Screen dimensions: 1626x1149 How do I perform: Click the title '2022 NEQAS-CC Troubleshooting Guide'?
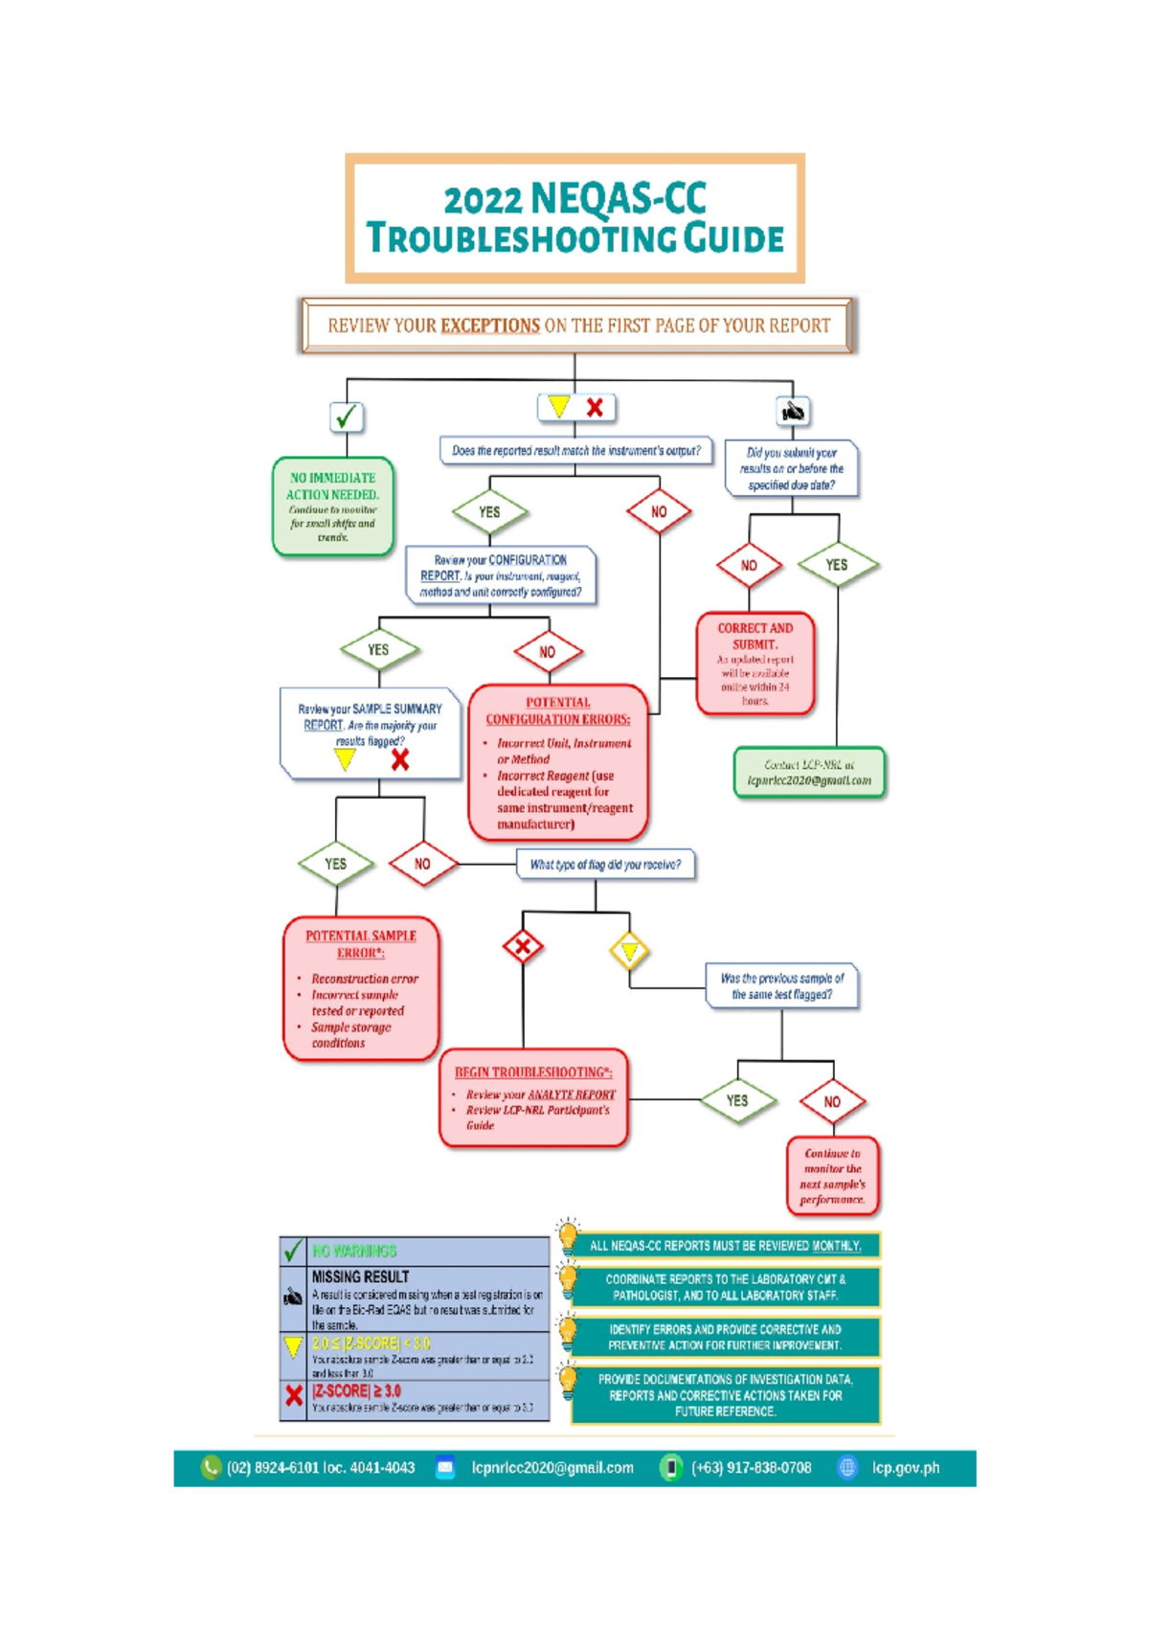pos(574,218)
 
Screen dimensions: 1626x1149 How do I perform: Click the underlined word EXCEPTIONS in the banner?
pos(489,326)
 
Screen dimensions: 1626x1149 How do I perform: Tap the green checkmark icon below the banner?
pos(346,417)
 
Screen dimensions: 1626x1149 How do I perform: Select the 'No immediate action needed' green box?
pos(332,507)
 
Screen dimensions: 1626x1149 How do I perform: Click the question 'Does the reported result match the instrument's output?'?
pos(575,451)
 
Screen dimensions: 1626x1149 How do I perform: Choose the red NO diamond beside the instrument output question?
pos(659,512)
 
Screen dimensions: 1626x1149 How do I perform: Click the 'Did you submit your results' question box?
pos(791,468)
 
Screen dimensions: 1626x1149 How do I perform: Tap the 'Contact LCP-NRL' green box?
pos(809,772)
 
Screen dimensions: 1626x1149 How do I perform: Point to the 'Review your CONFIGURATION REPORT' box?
pos(501,576)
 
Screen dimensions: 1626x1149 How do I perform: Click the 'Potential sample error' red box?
pos(361,988)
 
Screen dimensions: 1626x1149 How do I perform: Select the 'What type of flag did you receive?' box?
pos(605,865)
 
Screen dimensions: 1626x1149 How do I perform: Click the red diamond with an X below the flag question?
pos(523,948)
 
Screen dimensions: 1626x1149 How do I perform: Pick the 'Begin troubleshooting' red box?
pos(533,1098)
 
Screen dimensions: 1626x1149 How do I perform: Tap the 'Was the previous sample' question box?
pos(781,986)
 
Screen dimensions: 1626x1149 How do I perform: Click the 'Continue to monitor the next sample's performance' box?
pos(832,1176)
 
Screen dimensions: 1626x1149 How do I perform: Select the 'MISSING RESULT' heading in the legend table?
pos(360,1276)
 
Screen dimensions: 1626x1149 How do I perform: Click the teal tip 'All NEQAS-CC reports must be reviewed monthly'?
pos(725,1246)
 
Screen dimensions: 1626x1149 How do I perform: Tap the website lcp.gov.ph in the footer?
pos(905,1468)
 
